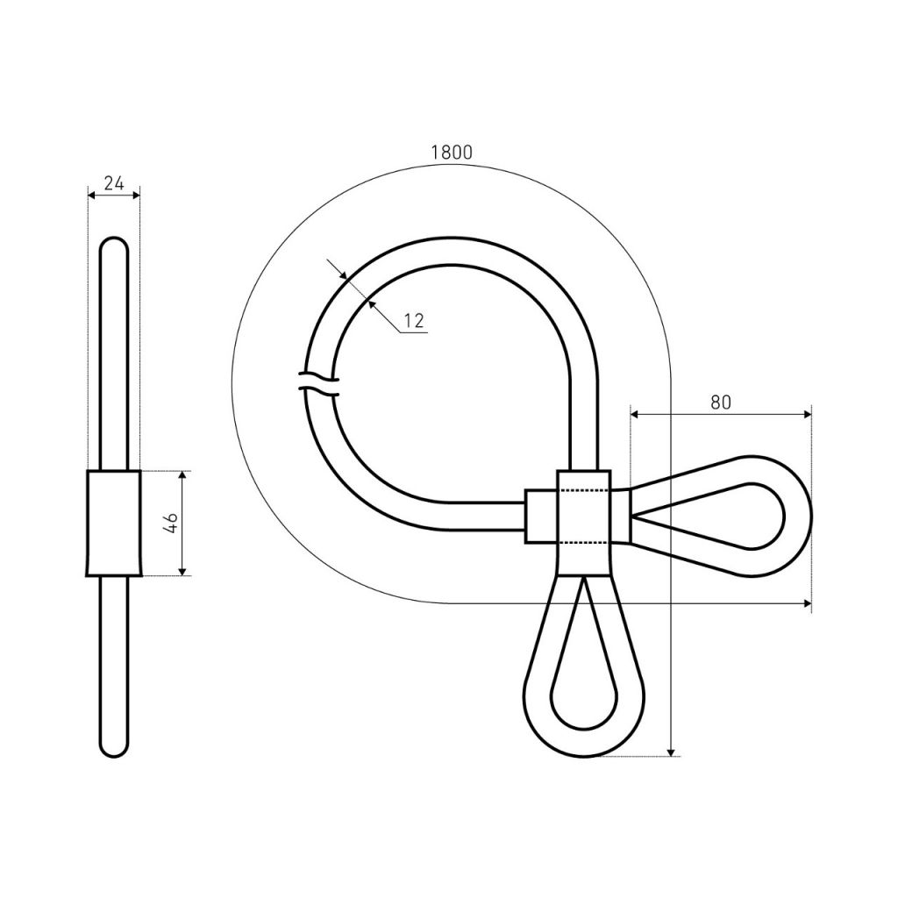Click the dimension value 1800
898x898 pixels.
452,153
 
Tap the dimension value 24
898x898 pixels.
114,183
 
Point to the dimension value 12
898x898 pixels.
414,321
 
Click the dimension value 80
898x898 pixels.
721,403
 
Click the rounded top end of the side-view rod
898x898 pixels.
114,243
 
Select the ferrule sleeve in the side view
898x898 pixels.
114,524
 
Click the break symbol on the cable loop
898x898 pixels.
319,383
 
